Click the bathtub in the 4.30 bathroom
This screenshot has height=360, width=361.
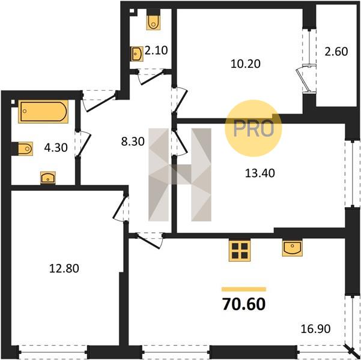(43, 112)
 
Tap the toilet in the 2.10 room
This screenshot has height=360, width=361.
(153, 19)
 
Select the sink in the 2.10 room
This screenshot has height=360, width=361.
(137, 54)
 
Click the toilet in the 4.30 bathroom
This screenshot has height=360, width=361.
(22, 149)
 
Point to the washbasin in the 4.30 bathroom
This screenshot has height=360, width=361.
(48, 178)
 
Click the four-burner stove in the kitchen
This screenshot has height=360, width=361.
(240, 251)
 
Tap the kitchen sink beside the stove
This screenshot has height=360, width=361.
(293, 248)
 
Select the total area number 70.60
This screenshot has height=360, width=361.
(244, 304)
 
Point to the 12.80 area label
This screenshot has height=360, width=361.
(64, 268)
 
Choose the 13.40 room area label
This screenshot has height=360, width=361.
(260, 173)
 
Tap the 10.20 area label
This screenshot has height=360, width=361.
(246, 64)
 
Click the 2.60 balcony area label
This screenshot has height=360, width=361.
(336, 52)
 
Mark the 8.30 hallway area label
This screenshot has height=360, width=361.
(133, 142)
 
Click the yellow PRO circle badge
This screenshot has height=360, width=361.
(253, 128)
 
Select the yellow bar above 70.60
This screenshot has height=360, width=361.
(244, 289)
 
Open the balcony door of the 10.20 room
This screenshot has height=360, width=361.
(306, 79)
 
